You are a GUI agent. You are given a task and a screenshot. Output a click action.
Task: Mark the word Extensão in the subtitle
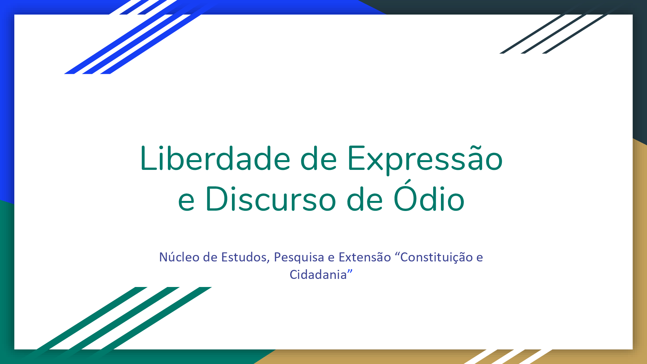click(x=365, y=257)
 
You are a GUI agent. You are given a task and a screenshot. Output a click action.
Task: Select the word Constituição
click(x=437, y=258)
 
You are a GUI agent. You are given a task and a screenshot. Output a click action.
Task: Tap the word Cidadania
click(x=318, y=274)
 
